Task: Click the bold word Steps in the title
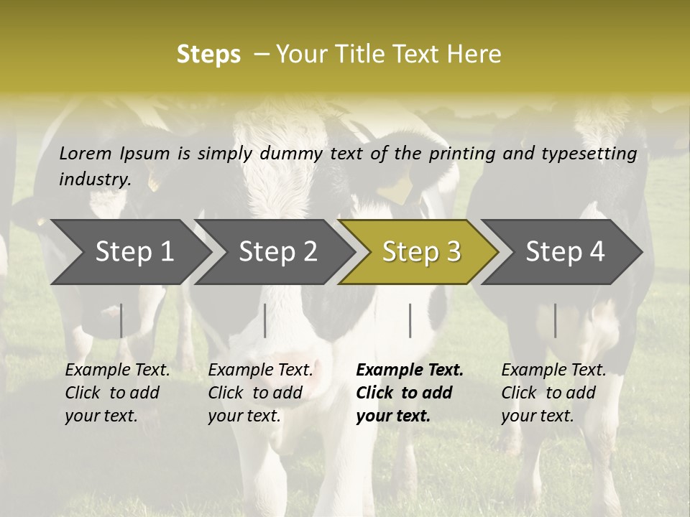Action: (x=208, y=55)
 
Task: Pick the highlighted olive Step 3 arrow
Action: (x=421, y=252)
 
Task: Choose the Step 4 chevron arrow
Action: (x=565, y=252)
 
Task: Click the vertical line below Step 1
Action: (x=121, y=320)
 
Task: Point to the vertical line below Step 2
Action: (x=265, y=320)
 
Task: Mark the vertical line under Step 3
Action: (x=410, y=320)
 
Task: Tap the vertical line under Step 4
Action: (x=556, y=320)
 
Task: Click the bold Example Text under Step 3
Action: (x=410, y=370)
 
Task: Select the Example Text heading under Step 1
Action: (x=117, y=370)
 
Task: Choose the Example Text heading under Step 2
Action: (x=260, y=370)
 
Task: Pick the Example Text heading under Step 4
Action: (x=553, y=370)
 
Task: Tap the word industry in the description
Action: (x=94, y=180)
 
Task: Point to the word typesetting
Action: (x=593, y=154)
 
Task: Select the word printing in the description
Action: (x=456, y=154)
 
